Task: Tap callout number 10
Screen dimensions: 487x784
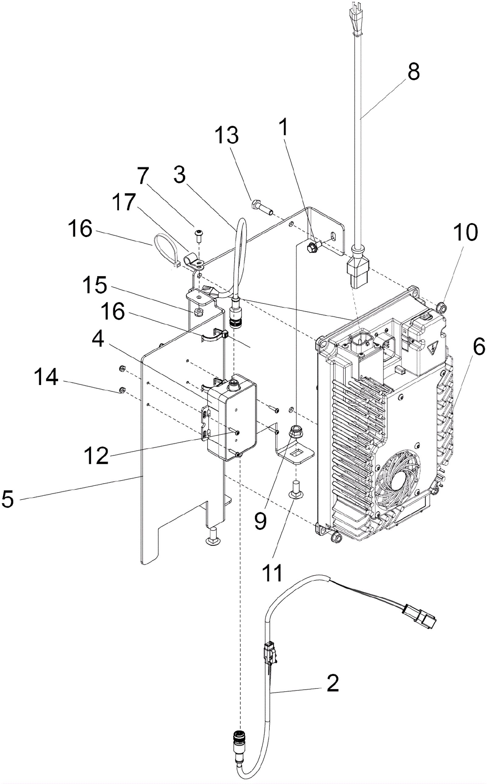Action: coord(466,232)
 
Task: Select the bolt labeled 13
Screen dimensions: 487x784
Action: coord(262,208)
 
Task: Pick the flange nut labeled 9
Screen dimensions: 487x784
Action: coord(295,430)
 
